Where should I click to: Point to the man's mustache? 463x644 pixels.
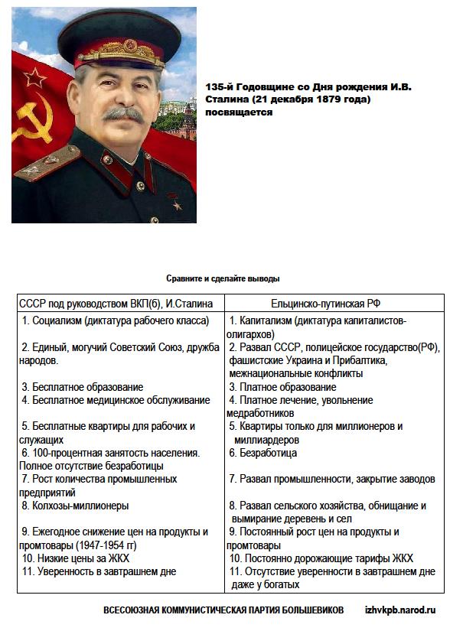coord(123,115)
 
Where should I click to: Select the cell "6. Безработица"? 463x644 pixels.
coord(263,453)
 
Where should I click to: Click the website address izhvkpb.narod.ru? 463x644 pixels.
coord(399,610)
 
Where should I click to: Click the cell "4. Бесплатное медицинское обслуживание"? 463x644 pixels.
coord(115,400)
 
